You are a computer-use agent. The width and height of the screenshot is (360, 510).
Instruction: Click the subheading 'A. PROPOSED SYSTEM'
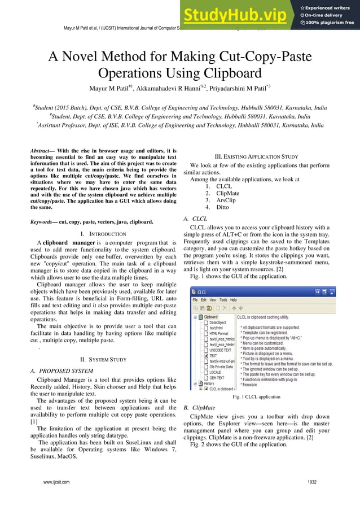click(62, 370)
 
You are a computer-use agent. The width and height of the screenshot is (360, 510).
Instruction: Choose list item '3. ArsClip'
click(222, 199)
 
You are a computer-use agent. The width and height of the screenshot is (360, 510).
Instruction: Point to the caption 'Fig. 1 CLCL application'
click(257, 397)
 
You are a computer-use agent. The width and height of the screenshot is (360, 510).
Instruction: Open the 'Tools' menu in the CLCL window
click(224, 299)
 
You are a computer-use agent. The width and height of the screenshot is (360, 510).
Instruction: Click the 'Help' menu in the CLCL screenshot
click(234, 299)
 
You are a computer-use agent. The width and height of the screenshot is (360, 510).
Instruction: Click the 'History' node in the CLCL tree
click(209, 383)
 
